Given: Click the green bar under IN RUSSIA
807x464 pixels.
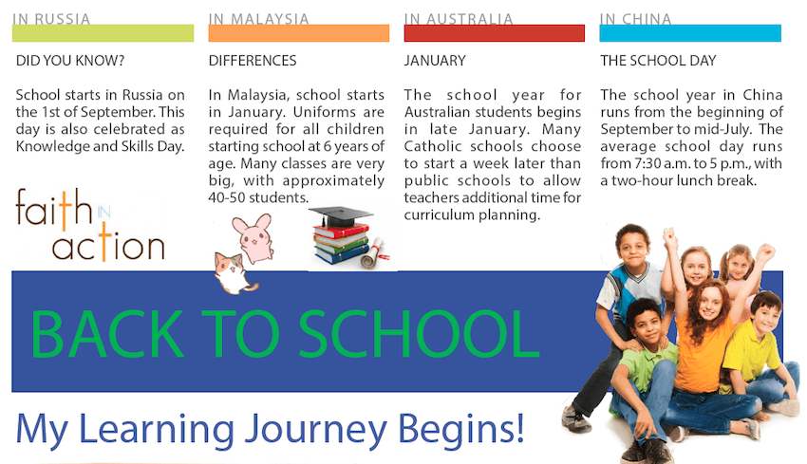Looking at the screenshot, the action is (103, 33).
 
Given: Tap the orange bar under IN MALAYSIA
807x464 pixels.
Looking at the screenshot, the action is (299, 33).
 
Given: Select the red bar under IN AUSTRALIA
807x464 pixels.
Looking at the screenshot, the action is (495, 33).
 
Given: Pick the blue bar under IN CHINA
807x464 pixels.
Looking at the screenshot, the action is (690, 33).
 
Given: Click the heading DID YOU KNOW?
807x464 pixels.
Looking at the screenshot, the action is (70, 61).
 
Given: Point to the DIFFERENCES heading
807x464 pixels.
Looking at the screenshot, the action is (253, 61).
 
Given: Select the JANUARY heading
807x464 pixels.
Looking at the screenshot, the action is (435, 61).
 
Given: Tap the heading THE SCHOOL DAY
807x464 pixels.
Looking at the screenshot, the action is (658, 61).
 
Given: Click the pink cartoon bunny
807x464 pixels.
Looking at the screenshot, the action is (253, 238).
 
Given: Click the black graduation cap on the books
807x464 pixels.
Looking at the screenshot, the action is (340, 216).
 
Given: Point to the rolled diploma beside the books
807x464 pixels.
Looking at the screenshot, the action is (374, 253).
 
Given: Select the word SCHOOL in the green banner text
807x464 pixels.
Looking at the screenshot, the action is (419, 334).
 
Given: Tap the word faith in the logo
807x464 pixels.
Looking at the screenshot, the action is (54, 209).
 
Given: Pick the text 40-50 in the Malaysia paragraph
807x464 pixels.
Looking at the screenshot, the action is (224, 198).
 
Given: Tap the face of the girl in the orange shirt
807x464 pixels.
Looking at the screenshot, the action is (710, 304).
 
